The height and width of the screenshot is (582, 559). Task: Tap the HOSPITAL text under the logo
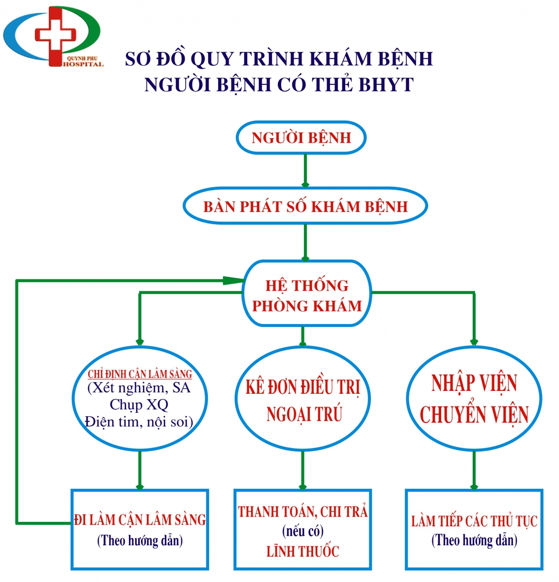83,64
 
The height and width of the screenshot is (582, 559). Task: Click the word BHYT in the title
386,85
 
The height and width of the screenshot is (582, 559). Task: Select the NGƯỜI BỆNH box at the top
301,138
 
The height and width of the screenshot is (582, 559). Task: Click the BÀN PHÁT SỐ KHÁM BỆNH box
305,207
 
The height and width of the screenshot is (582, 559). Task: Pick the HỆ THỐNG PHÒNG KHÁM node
307,295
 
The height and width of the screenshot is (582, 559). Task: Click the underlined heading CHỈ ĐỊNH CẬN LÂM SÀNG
140,374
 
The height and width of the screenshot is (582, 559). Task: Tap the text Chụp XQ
139,404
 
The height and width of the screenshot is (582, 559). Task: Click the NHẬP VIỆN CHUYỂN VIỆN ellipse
474,399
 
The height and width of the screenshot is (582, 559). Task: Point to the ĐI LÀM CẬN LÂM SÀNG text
140,520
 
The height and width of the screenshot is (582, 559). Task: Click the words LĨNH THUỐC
303,551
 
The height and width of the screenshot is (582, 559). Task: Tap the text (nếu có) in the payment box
303,532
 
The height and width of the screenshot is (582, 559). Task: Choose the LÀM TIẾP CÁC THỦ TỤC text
474,521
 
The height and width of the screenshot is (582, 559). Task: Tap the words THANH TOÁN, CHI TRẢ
303,512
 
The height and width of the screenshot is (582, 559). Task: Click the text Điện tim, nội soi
139,422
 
